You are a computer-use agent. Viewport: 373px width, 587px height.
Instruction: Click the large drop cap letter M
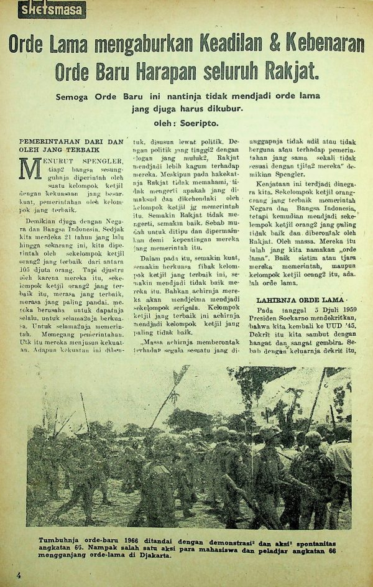(29, 170)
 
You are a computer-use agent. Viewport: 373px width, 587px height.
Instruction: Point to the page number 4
(19, 575)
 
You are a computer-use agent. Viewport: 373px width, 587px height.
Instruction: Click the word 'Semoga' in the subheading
(73, 98)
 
